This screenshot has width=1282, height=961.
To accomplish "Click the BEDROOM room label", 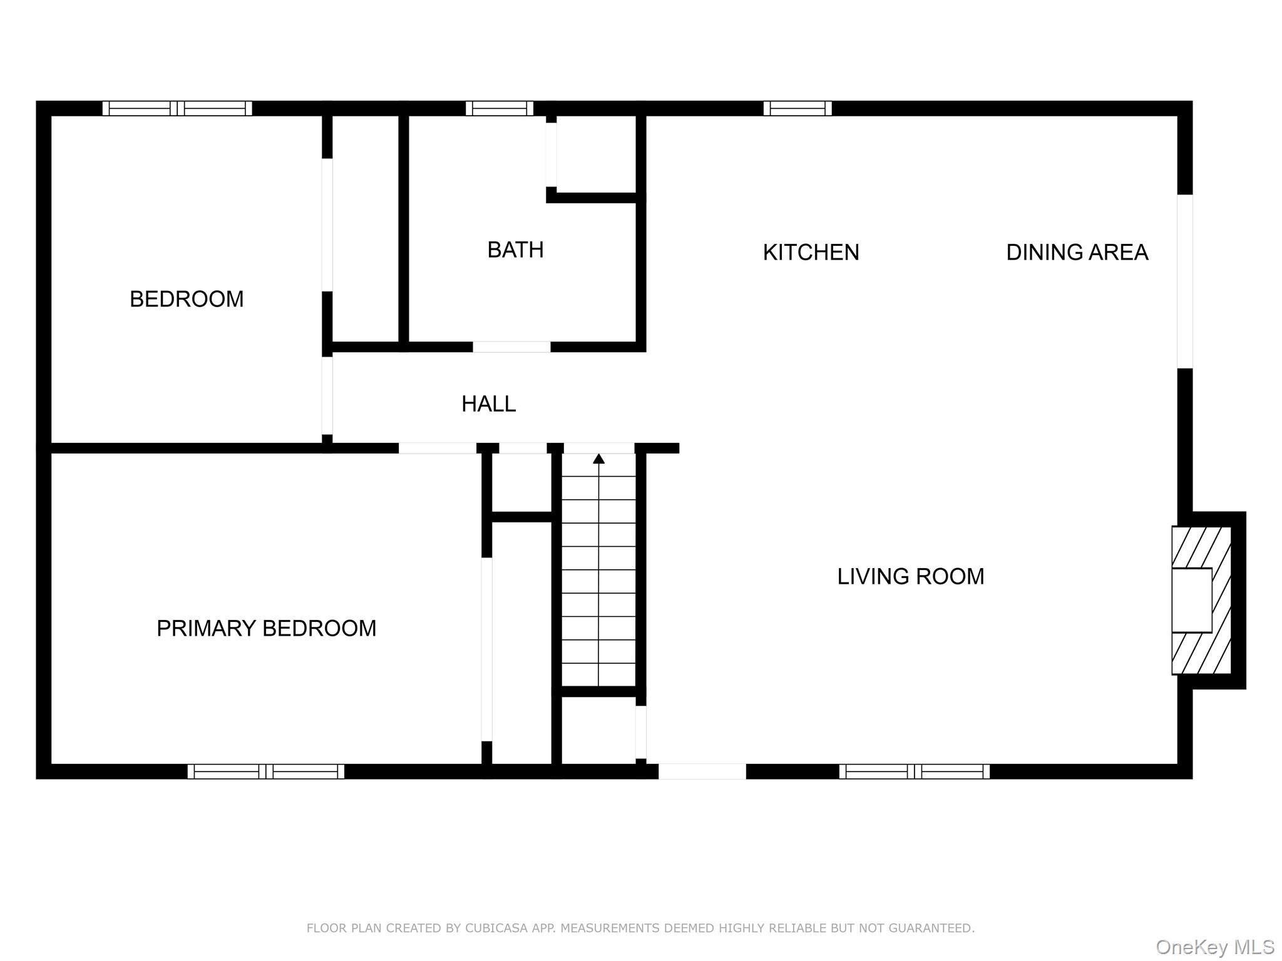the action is (187, 299).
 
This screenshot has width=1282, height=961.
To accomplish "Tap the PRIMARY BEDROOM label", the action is (266, 628).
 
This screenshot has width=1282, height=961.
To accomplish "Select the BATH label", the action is (515, 250).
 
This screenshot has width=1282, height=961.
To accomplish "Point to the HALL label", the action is (488, 404).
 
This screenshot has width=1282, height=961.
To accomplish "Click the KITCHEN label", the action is (811, 252).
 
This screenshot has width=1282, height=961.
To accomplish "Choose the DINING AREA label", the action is (1077, 252).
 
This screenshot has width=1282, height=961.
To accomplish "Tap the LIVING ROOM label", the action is (910, 576).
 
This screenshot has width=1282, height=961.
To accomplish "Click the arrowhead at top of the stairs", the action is (599, 459).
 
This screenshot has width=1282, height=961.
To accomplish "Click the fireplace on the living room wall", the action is (1201, 600).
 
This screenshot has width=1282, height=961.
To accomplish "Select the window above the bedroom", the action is (177, 108).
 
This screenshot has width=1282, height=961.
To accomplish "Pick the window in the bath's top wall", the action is (500, 108).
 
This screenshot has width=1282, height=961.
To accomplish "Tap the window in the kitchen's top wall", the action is (797, 108).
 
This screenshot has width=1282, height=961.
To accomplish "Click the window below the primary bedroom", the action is (266, 771).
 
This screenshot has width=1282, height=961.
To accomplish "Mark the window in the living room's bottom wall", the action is (914, 771).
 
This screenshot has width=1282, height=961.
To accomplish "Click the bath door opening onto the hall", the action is (511, 347).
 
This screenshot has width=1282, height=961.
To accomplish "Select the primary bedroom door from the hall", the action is (438, 448).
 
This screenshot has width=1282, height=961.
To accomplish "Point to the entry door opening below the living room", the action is (702, 771).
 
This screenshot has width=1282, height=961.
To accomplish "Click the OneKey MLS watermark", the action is (1215, 947).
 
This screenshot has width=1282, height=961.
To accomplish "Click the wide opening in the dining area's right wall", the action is (1185, 282).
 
